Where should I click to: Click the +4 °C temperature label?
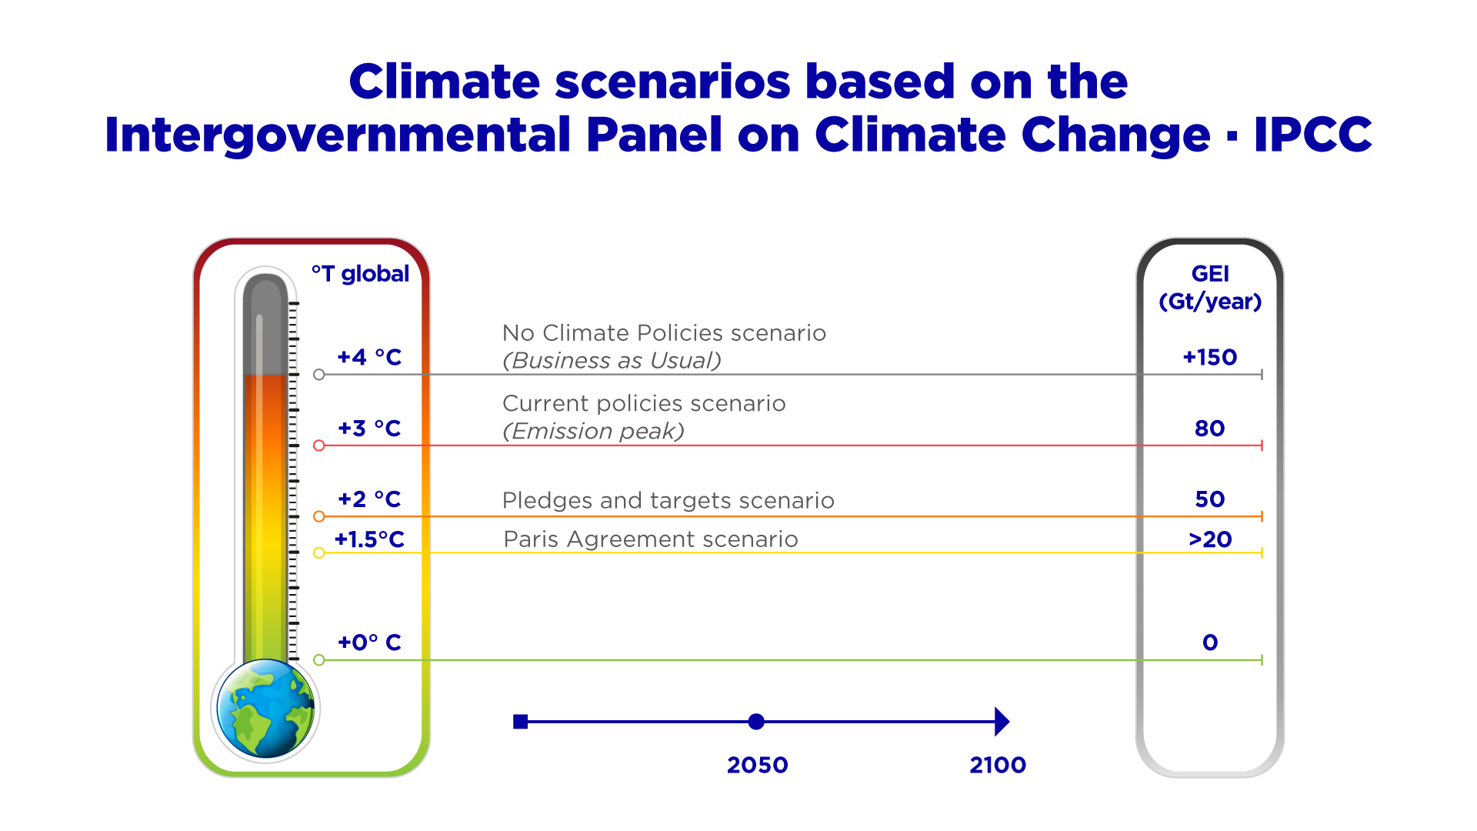pos(369,357)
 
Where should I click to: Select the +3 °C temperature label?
pos(369,429)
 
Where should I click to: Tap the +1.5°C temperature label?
pos(369,539)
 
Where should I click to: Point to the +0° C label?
pos(369,642)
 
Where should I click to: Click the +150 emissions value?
pos(1209,357)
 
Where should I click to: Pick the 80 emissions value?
pos(1209,429)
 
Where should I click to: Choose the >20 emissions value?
pos(1210,539)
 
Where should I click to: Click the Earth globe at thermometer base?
pos(265,709)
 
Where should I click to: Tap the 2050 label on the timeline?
pos(757,766)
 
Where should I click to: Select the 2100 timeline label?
pos(998,766)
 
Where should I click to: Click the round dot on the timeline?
pos(756,722)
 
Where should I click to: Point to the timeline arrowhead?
pos(1002,722)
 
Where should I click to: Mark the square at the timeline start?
pos(521,722)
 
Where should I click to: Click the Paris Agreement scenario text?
pos(651,539)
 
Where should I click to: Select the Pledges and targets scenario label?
pos(668,501)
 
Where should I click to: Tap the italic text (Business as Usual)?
pos(612,361)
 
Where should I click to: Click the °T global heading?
pos(360,274)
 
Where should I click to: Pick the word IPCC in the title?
pos(1312,135)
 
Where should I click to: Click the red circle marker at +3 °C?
pos(319,446)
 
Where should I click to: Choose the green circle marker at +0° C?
pos(319,660)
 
